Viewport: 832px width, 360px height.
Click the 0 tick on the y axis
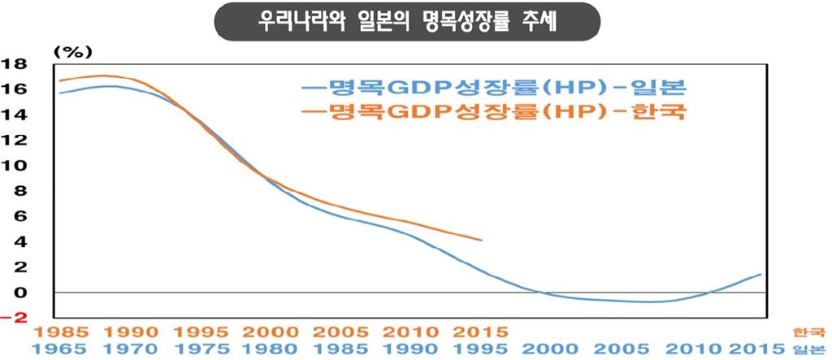tap(22, 292)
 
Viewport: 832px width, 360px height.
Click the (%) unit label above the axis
tap(74, 50)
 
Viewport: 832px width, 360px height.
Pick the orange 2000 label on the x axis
tap(269, 332)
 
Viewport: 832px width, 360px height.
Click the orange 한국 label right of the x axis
tap(811, 332)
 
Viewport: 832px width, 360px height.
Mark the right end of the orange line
tap(482, 241)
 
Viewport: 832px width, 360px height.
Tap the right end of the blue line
tap(761, 275)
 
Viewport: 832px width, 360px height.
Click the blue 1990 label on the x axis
tap(411, 349)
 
